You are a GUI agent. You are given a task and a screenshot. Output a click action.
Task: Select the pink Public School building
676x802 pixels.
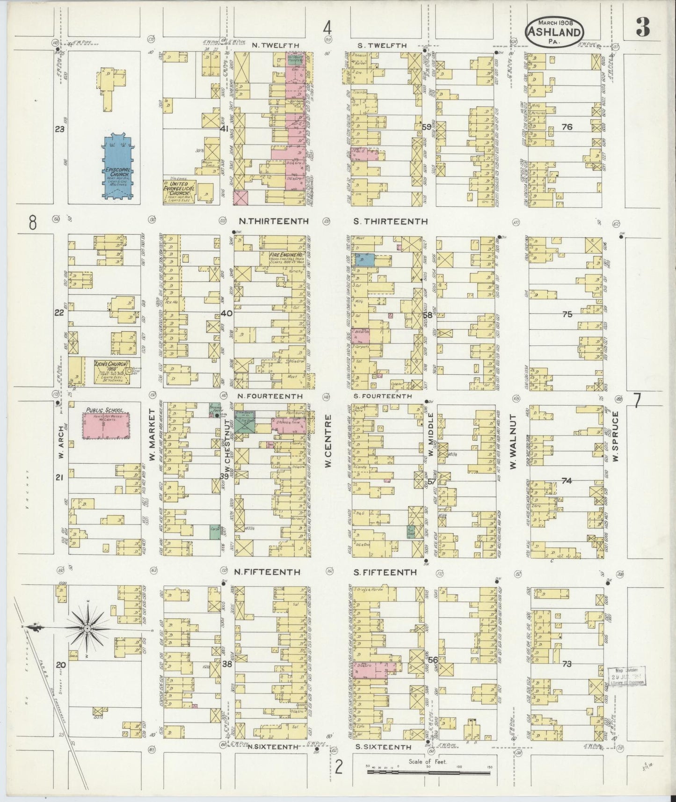click(x=106, y=425)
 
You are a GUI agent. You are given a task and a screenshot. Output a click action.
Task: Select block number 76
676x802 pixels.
click(x=567, y=127)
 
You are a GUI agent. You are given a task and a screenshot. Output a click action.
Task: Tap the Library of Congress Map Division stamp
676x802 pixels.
click(x=627, y=676)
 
